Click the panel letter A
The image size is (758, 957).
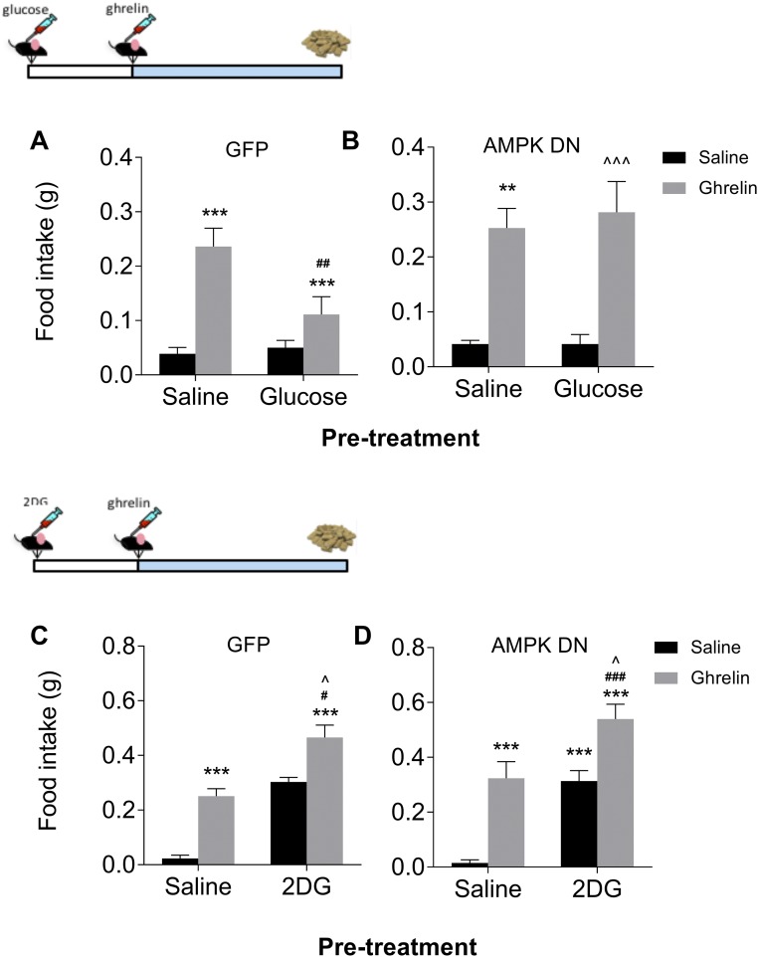39,142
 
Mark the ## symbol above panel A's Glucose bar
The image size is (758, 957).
322,263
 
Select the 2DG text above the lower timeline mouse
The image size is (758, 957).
38,501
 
